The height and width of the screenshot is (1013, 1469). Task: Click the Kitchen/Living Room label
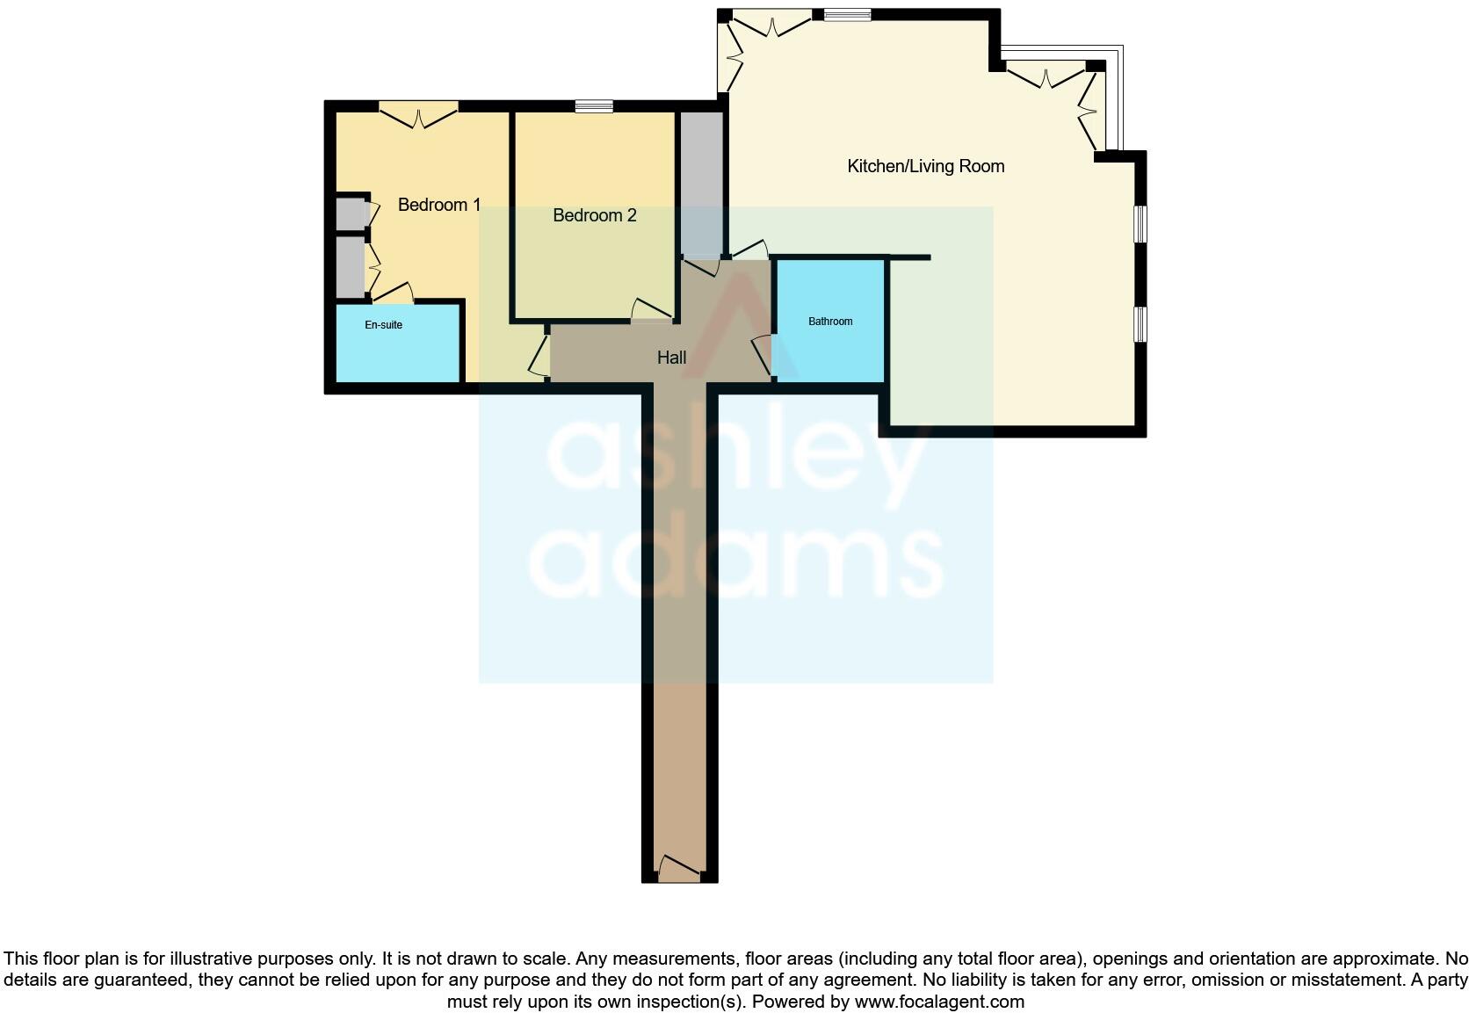[x=925, y=166]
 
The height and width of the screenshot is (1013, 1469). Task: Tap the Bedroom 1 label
[x=438, y=205]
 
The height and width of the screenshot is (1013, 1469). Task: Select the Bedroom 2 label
[x=594, y=215]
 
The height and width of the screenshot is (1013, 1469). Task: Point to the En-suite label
[x=383, y=325]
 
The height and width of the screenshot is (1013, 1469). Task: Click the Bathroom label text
[x=830, y=322]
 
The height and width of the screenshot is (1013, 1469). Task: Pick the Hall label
[x=671, y=358]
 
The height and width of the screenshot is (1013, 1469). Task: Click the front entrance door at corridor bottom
[x=679, y=870]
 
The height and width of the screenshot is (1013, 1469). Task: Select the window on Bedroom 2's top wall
[x=594, y=106]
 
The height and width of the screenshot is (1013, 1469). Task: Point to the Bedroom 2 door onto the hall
[x=651, y=309]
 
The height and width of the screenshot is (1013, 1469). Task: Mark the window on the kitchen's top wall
[x=847, y=14]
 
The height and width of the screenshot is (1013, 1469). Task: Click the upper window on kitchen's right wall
[x=1140, y=223]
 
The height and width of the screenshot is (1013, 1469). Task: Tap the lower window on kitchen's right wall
[x=1140, y=323]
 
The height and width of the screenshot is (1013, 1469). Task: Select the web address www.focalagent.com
[x=938, y=1002]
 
